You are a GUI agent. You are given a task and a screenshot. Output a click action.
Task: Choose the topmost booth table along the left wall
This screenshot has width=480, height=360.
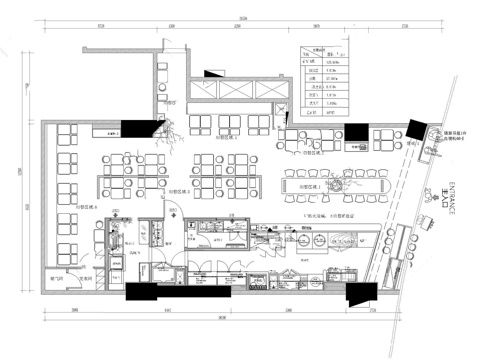point(67,133)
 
